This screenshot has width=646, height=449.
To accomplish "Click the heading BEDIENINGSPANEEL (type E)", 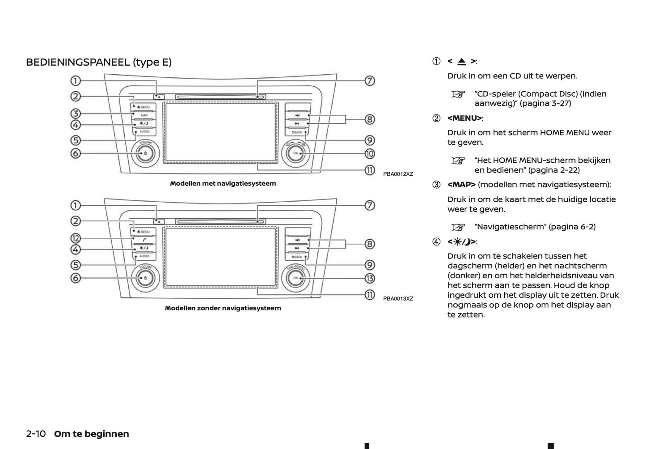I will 98,62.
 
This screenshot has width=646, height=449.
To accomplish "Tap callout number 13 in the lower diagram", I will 369,278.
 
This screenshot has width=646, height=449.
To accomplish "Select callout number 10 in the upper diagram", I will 369,153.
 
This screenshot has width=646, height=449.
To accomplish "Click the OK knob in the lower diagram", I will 296,278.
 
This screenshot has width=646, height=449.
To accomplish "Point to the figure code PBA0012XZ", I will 398,174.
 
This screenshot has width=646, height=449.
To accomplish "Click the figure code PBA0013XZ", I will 398,299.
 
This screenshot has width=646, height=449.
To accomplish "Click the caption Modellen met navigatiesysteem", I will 223,183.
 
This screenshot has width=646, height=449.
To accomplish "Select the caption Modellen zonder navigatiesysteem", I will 223,308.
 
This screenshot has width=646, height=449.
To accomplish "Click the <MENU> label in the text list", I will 464,118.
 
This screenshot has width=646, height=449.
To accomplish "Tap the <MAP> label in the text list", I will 461,185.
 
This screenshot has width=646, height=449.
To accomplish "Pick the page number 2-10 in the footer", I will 36,434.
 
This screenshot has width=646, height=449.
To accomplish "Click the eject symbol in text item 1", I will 461,62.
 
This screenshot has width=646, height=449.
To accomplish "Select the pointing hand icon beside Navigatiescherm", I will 458,227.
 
